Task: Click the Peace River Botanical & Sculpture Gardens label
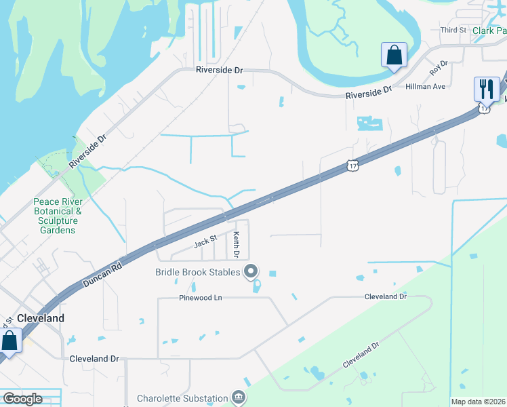pyautogui.click(x=58, y=216)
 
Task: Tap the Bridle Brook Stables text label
pyautogui.click(x=196, y=272)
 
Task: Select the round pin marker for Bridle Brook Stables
pyautogui.click(x=251, y=272)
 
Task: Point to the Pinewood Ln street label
pyautogui.click(x=201, y=298)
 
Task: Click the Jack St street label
pyautogui.click(x=205, y=240)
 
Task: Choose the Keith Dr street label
pyautogui.click(x=237, y=245)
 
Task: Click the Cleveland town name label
pyautogui.click(x=41, y=318)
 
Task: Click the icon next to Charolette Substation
pyautogui.click(x=238, y=397)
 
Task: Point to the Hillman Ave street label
pyautogui.click(x=425, y=87)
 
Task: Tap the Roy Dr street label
pyautogui.click(x=439, y=68)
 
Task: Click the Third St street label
pyautogui.click(x=453, y=30)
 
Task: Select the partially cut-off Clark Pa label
pyautogui.click(x=489, y=31)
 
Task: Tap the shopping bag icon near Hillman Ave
pyautogui.click(x=394, y=56)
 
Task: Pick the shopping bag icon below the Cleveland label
pyautogui.click(x=9, y=341)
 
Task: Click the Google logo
pyautogui.click(x=22, y=399)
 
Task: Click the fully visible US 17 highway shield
pyautogui.click(x=350, y=166)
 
